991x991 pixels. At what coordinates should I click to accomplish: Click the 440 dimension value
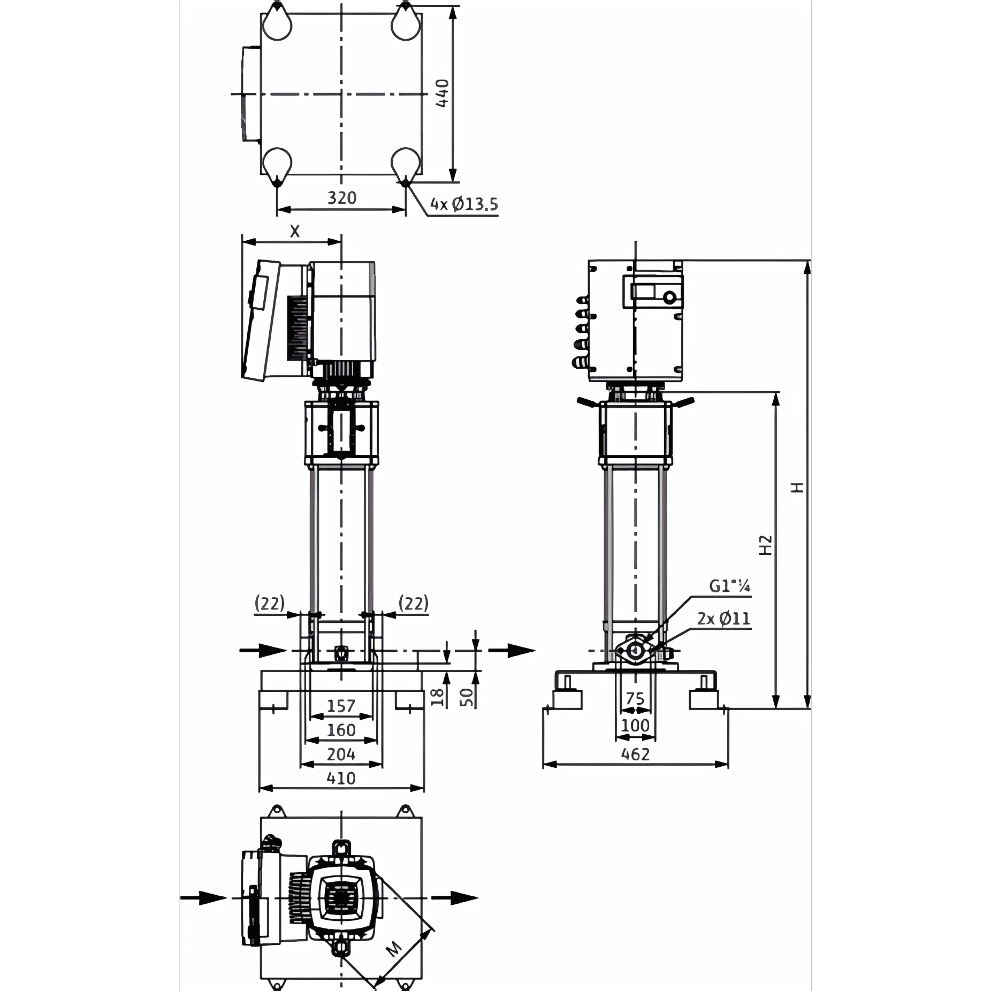[442, 93]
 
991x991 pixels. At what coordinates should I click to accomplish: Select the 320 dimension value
[342, 198]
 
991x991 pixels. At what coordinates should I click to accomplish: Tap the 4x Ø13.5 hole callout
[464, 204]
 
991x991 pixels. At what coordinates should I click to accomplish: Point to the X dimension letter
[295, 231]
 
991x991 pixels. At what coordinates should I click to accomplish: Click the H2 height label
[766, 545]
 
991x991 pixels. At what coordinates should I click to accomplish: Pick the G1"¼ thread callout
[729, 586]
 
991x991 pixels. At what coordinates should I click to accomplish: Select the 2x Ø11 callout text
[723, 619]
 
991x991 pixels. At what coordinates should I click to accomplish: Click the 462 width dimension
[635, 754]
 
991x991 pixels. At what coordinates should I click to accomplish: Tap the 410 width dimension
[341, 778]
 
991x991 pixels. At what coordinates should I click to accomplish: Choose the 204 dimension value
[341, 754]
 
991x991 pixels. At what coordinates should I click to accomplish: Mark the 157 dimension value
[341, 706]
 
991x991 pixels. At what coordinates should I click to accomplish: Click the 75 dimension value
[635, 698]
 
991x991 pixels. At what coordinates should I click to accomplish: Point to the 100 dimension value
[635, 726]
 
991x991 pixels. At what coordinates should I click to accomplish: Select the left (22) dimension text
[270, 604]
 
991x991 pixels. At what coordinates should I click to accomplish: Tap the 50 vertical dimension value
[467, 697]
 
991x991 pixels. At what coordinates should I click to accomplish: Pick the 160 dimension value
[341, 730]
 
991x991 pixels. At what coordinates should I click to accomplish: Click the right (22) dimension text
[414, 604]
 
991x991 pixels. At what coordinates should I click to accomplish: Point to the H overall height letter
[798, 487]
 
